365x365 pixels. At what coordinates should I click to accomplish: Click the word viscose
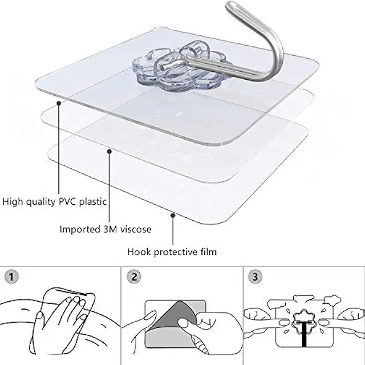[x=135, y=229]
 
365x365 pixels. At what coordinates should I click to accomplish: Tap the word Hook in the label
[x=138, y=252]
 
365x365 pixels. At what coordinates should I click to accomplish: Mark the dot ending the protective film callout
[x=173, y=214]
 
